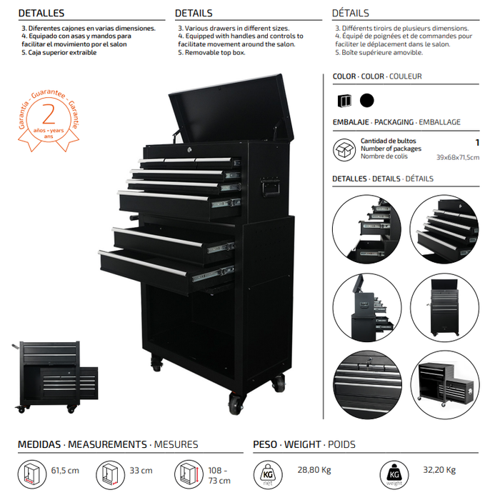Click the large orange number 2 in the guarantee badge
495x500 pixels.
[49, 114]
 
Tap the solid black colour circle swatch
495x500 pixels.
[366, 101]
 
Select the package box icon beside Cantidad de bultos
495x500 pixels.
[344, 149]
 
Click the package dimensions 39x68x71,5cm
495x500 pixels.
[458, 157]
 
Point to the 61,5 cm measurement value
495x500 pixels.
[65, 470]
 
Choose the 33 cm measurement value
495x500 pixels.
[141, 470]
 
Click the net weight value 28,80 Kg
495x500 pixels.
[314, 470]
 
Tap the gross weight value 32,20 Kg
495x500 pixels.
[439, 470]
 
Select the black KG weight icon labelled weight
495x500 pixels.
[394, 475]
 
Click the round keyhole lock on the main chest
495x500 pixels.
[190, 149]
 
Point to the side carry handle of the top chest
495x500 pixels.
[270, 187]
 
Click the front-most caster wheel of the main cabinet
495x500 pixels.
[236, 404]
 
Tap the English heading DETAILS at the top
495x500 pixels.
[194, 13]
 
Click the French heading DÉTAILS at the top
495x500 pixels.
[351, 13]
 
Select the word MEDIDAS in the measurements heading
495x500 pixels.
[39, 444]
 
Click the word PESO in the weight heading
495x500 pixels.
[265, 444]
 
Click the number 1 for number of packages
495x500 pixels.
[477, 143]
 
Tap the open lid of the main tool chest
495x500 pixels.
[231, 109]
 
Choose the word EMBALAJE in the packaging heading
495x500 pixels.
[351, 122]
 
